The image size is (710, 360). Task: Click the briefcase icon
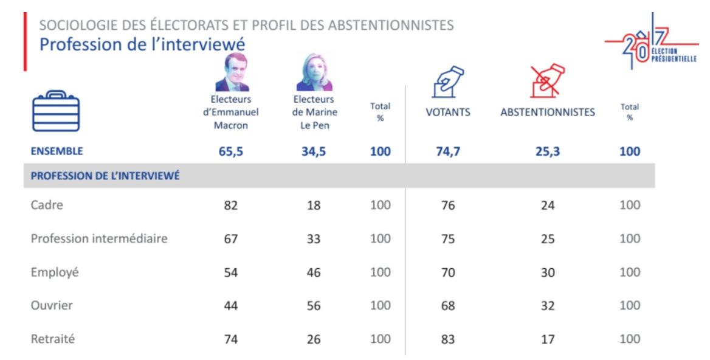(x=55, y=111)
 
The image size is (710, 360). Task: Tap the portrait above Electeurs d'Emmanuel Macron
(x=230, y=72)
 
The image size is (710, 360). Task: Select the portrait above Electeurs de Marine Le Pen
(x=314, y=72)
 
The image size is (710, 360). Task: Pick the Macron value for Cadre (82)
(x=230, y=206)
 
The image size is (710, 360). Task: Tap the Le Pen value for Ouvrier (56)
(x=314, y=306)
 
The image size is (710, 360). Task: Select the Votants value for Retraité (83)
(x=448, y=339)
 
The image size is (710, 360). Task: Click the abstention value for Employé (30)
(x=548, y=272)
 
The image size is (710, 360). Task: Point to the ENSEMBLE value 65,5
(x=231, y=151)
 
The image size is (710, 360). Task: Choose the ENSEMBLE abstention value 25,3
(x=548, y=151)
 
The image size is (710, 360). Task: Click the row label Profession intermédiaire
(x=99, y=239)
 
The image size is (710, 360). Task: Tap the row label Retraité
(x=53, y=339)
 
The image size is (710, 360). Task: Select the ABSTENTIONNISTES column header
(x=548, y=112)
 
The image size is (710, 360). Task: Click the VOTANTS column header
(x=448, y=112)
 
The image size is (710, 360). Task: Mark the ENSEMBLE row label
(x=57, y=151)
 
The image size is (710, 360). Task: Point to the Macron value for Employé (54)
(x=230, y=272)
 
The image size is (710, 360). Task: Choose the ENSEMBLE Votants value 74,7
(x=448, y=151)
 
